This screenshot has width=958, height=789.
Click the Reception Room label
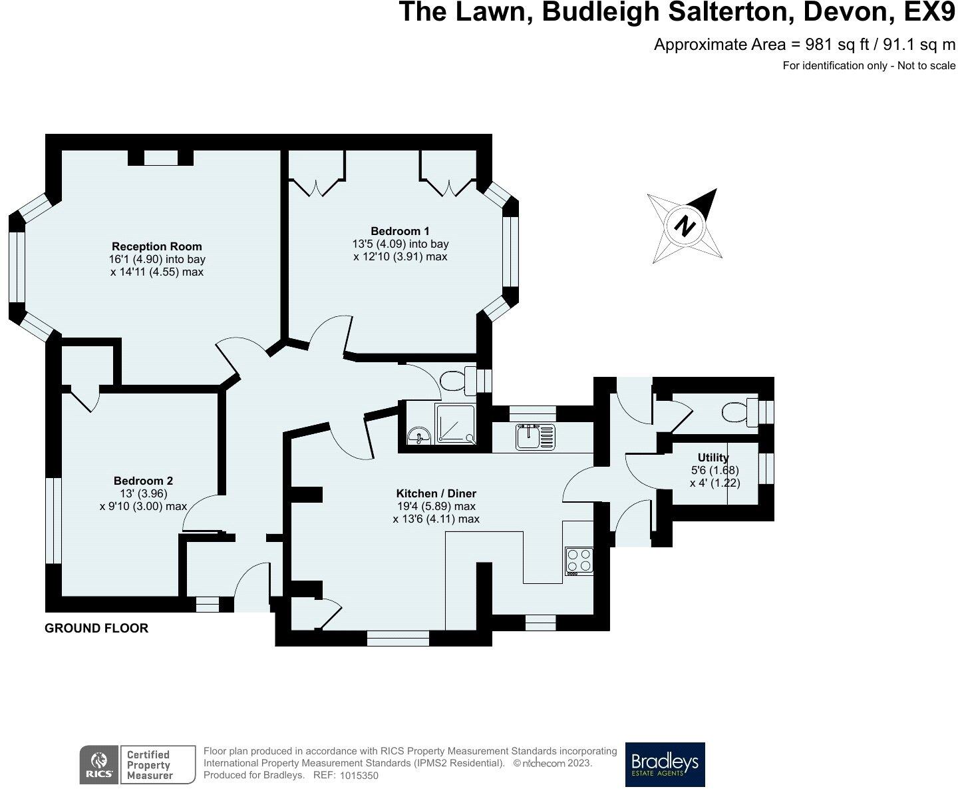click(157, 246)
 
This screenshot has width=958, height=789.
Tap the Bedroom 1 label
click(400, 231)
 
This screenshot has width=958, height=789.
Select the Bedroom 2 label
click(143, 481)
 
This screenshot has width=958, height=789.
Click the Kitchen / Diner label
click(436, 493)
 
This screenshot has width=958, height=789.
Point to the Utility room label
click(713, 457)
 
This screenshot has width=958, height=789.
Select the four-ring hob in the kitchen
click(578, 561)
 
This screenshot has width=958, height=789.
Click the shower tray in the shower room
click(456, 424)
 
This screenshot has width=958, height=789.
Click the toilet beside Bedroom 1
click(456, 381)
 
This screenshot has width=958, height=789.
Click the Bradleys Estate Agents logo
click(665, 764)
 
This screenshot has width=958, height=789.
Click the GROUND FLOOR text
click(96, 628)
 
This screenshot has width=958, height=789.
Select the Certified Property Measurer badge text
click(149, 764)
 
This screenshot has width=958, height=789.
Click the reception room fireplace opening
click(160, 158)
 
